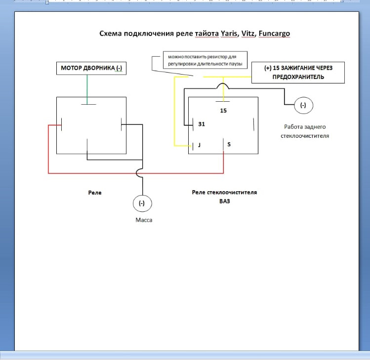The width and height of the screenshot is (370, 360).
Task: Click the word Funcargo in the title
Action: pyautogui.click(x=274, y=34)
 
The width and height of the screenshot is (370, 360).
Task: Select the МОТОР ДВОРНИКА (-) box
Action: pyautogui.click(x=91, y=68)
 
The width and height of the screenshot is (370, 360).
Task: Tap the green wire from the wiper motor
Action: pyautogui.click(x=87, y=89)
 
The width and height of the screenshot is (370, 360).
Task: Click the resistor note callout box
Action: pyautogui.click(x=205, y=60)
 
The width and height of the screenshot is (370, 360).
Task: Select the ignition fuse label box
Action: pyautogui.click(x=298, y=73)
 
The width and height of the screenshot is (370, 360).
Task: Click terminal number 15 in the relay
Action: pyautogui.click(x=223, y=111)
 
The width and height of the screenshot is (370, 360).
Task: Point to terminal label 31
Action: pyautogui.click(x=202, y=124)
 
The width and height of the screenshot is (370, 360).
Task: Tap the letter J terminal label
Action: pyautogui.click(x=200, y=145)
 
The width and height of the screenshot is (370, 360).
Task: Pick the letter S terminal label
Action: pyautogui.click(x=229, y=144)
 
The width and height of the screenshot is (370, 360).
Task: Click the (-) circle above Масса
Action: pyautogui.click(x=142, y=203)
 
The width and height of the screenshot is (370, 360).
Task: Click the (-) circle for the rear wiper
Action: pyautogui.click(x=303, y=105)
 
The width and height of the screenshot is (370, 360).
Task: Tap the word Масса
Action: pyautogui.click(x=144, y=220)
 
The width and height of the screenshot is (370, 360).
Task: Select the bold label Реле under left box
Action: pyautogui.click(x=95, y=193)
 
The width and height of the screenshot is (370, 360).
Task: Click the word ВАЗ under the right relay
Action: pyautogui.click(x=224, y=201)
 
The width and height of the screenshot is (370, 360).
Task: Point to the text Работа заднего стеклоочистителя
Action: pyautogui.click(x=305, y=131)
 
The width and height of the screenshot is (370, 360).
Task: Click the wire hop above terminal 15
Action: pyautogui.click(x=223, y=84)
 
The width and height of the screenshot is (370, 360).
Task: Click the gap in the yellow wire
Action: pyautogui.click(x=196, y=77)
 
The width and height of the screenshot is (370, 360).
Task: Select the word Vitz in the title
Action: pyautogui.click(x=248, y=34)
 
